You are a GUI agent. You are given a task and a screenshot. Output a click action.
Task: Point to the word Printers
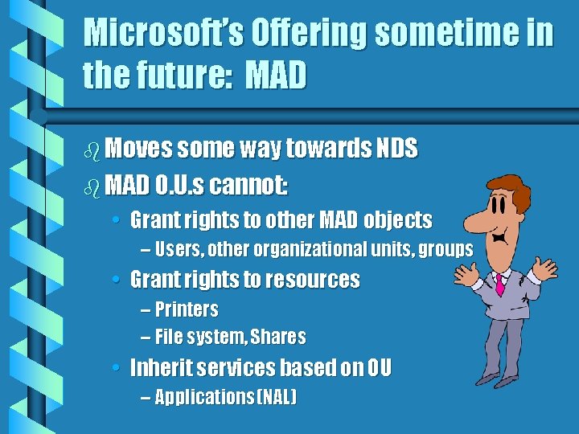187,309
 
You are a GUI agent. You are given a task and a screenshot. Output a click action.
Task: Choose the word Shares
281,337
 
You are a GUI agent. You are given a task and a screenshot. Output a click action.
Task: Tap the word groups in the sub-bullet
446,249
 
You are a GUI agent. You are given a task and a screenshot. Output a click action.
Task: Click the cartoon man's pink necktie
500,284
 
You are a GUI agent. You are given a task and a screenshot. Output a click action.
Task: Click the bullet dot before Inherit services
117,368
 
